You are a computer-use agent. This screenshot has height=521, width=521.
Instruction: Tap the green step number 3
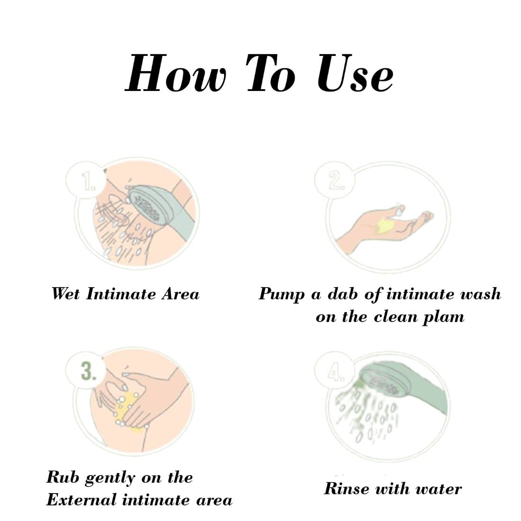point(89,371)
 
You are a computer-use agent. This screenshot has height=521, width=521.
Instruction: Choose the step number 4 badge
point(335,371)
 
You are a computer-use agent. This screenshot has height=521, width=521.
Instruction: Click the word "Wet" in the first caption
point(66,294)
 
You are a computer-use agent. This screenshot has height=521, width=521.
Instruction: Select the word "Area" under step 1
point(180,294)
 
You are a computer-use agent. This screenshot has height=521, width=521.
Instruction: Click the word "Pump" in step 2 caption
point(282,295)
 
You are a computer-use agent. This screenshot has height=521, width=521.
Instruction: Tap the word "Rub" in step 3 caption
point(63,477)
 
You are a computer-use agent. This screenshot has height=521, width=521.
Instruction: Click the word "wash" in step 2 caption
point(479,294)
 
